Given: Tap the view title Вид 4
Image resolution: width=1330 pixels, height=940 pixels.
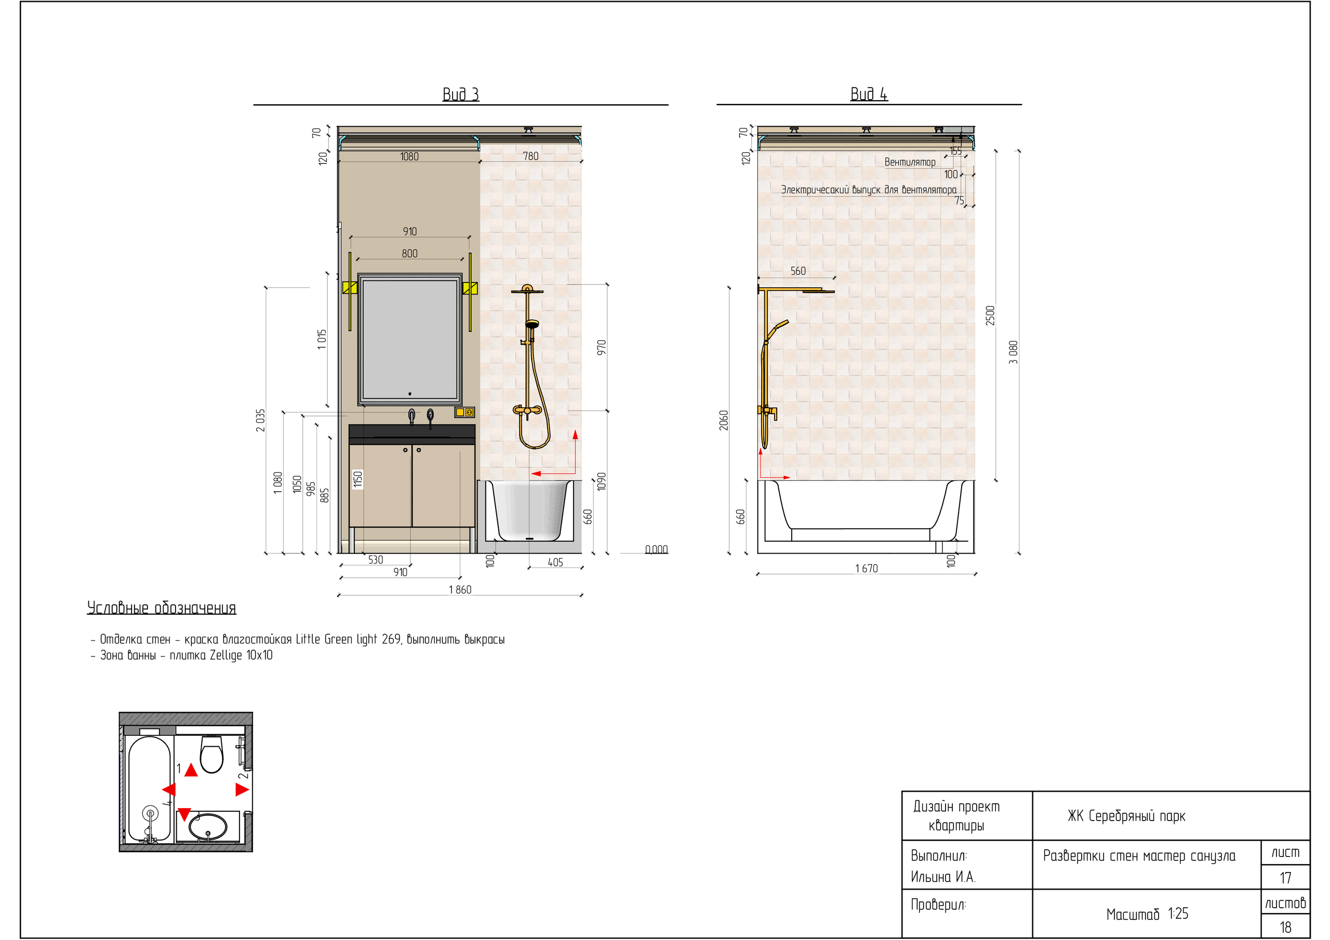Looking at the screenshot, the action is pos(868,94).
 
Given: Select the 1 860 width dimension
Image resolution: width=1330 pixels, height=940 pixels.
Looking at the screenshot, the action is pos(460,589).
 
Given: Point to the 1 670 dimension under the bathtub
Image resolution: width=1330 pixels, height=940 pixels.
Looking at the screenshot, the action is pos(866,569).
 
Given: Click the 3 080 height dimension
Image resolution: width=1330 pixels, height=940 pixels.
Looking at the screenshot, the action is pos(1013,352).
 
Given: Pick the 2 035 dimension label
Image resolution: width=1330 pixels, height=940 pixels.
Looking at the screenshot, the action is pos(261,421).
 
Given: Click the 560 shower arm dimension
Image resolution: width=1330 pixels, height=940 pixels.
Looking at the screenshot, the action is pos(797,271).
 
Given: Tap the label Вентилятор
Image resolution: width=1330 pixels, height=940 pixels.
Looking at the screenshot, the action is pos(910,162).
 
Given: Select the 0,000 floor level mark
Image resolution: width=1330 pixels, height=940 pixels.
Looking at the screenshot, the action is pos(656,549).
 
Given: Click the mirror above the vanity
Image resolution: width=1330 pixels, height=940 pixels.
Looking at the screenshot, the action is pos(409,340).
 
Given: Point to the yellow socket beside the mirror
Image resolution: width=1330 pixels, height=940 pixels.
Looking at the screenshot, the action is pos(464,412).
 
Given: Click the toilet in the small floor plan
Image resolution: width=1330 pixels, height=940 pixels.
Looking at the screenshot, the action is pos(211,754).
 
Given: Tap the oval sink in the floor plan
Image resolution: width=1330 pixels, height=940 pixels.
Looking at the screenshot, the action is pos(207,827).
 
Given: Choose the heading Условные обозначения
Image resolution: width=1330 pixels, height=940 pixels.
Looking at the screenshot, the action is pos(162,608).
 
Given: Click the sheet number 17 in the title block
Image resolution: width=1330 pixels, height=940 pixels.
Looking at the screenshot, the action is pos(1285,878).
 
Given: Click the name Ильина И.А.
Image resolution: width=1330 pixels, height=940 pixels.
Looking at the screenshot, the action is pos(943,877).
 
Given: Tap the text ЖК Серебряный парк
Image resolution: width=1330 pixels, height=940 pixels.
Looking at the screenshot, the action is pos(1127,816).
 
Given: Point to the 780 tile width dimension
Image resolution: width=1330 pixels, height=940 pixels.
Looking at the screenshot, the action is pos(530,156).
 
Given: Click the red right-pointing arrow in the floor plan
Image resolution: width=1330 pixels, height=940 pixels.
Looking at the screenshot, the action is pos(242,789).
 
